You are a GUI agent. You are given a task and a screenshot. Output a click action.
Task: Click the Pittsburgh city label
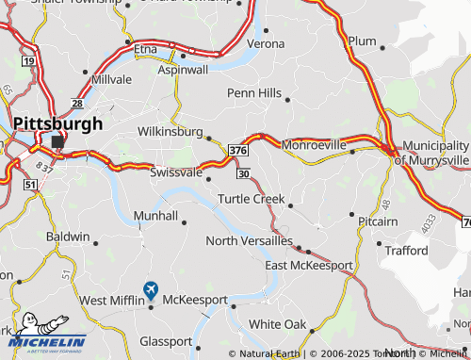click(x=58, y=123)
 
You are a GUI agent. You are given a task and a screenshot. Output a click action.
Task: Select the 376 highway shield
click(x=238, y=150)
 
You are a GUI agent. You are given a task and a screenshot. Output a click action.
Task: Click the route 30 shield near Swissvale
click(x=244, y=173)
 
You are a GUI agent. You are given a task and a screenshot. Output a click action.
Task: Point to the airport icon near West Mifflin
click(x=151, y=288)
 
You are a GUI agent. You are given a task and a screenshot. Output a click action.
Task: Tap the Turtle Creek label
click(x=251, y=199)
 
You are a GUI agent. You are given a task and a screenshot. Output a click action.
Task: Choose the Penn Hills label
click(x=254, y=93)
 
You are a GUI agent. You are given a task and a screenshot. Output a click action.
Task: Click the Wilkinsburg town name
click(x=170, y=131)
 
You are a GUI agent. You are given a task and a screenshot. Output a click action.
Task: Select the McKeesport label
click(x=195, y=300)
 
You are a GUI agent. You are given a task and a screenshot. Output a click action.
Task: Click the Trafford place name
click(x=407, y=250)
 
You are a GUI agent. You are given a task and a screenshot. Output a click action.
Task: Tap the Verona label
click(x=265, y=43)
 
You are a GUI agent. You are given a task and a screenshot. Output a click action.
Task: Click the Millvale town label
click(x=112, y=79)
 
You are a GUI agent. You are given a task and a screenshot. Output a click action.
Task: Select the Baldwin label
click(x=68, y=237)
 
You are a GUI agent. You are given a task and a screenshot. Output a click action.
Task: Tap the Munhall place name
click(x=155, y=216)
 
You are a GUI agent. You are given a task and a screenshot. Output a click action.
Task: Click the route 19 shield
click(x=29, y=61)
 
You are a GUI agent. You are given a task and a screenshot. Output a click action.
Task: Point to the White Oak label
click(x=278, y=324)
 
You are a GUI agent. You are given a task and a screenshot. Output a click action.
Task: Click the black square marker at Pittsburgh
click(x=58, y=141)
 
